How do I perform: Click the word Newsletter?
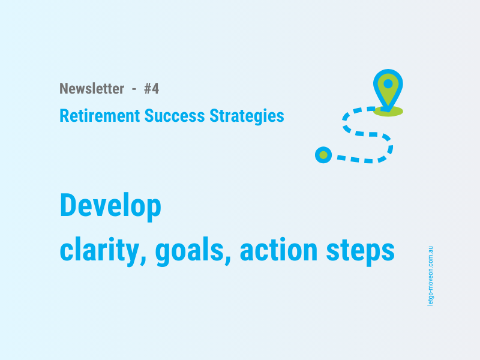(92, 89)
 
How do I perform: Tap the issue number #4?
(151, 89)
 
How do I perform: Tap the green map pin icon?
(388, 89)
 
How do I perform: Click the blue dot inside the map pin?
(388, 83)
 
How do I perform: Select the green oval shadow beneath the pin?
(388, 112)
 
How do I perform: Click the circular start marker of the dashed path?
(323, 155)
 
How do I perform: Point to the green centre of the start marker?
(323, 155)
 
